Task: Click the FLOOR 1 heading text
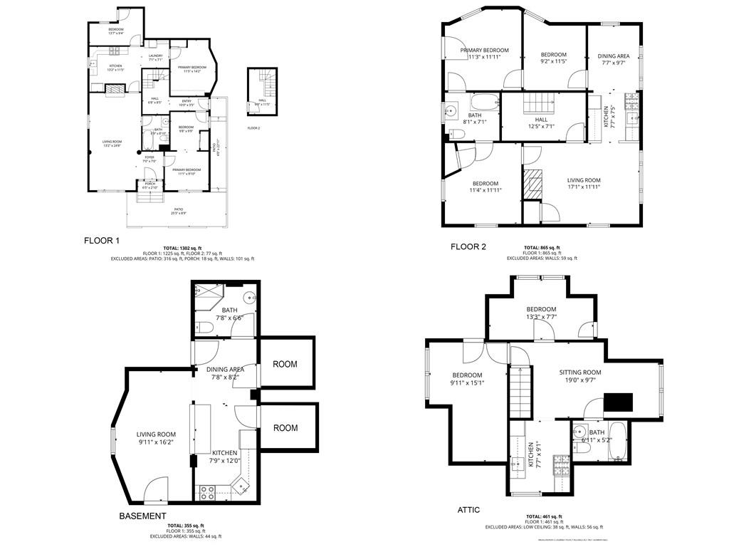tap(102, 241)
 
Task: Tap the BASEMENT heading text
tap(143, 516)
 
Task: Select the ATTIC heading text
tap(468, 510)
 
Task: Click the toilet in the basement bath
tap(204, 328)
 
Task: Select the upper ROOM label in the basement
tap(285, 364)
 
